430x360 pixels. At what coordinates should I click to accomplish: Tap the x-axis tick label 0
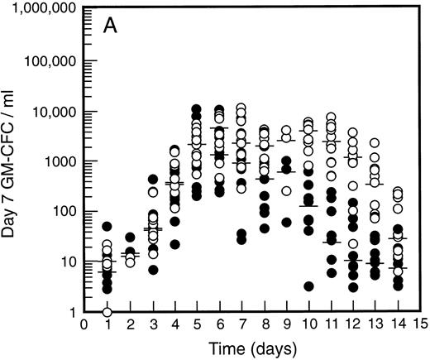coord(84,324)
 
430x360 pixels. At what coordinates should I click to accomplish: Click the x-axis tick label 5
coord(196,324)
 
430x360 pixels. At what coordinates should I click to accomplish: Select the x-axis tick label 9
coord(286,324)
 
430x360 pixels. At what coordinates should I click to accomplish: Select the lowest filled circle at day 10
coord(308,286)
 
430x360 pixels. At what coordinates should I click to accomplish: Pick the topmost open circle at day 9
coord(286,131)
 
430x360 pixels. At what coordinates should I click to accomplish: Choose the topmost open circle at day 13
coord(375,143)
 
